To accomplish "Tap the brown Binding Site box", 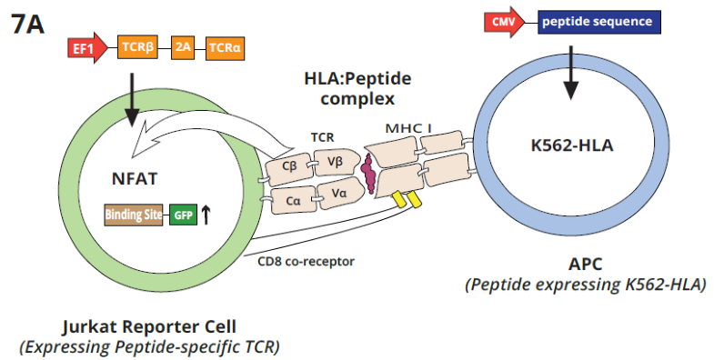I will point(136,215).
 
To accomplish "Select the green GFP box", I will point(183,215).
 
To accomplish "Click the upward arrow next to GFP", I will point(206,215).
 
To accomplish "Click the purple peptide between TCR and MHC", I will point(368,168).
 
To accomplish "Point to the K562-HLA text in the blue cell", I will point(568,144).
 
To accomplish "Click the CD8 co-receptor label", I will point(306,262).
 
